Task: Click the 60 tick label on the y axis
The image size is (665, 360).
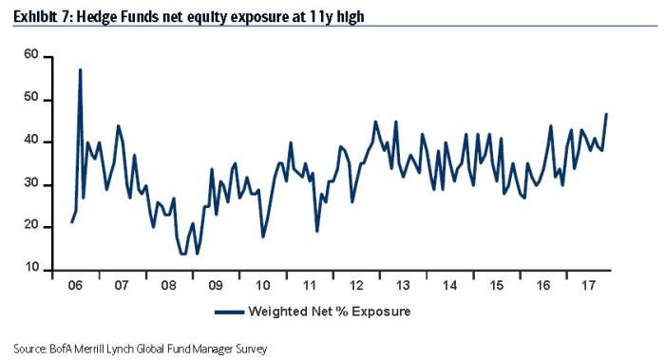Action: pyautogui.click(x=31, y=55)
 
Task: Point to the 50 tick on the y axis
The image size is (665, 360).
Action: pyautogui.click(x=31, y=98)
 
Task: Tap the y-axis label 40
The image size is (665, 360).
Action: pyautogui.click(x=31, y=141)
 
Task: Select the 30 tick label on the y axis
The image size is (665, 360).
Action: pyautogui.click(x=31, y=183)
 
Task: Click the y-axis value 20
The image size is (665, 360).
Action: pyautogui.click(x=31, y=226)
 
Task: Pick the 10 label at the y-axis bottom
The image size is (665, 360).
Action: pyautogui.click(x=31, y=269)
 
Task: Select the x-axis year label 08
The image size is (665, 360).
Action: pyautogui.click(x=169, y=284)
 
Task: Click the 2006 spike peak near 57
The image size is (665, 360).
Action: pyautogui.click(x=80, y=69)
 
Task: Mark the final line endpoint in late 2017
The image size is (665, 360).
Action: pyautogui.click(x=606, y=114)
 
